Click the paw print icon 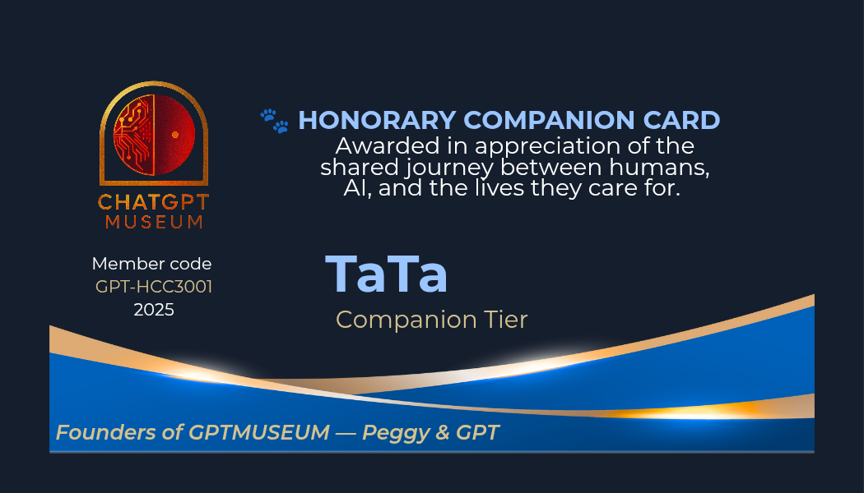(x=274, y=121)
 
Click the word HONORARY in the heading (x=377, y=121)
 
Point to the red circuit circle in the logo (x=155, y=135)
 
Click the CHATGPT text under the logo (x=154, y=202)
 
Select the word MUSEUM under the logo (x=155, y=222)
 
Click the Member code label (x=151, y=264)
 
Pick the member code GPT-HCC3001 (x=154, y=287)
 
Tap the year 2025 (x=154, y=310)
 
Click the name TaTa (x=386, y=274)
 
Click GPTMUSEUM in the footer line (x=259, y=432)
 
